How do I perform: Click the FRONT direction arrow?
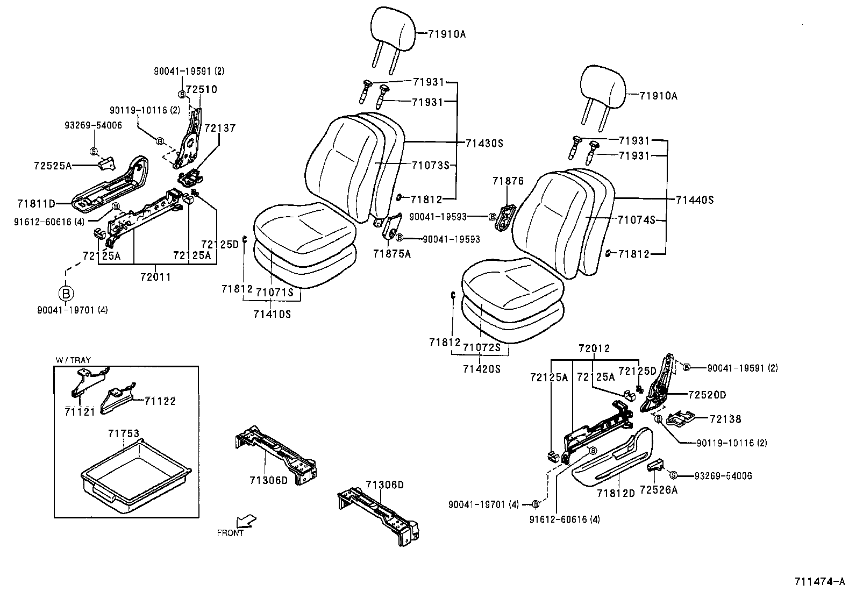[x=246, y=521]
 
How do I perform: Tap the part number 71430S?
[x=484, y=144]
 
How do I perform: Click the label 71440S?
[x=695, y=200]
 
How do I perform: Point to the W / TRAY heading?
[x=73, y=360]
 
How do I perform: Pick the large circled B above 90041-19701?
[x=66, y=294]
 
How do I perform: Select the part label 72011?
[x=155, y=277]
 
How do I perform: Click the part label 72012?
[x=594, y=349]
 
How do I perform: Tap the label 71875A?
[x=392, y=254]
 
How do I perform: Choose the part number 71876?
[x=508, y=181]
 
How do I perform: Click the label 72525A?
[x=52, y=166]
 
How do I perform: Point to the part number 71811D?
[x=36, y=203]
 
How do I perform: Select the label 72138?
[x=725, y=419]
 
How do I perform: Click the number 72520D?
[x=707, y=395]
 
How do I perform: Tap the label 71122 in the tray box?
[x=160, y=401]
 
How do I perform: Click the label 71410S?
[x=272, y=314]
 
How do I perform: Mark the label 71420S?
[x=481, y=369]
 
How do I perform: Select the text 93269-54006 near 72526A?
[x=723, y=476]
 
